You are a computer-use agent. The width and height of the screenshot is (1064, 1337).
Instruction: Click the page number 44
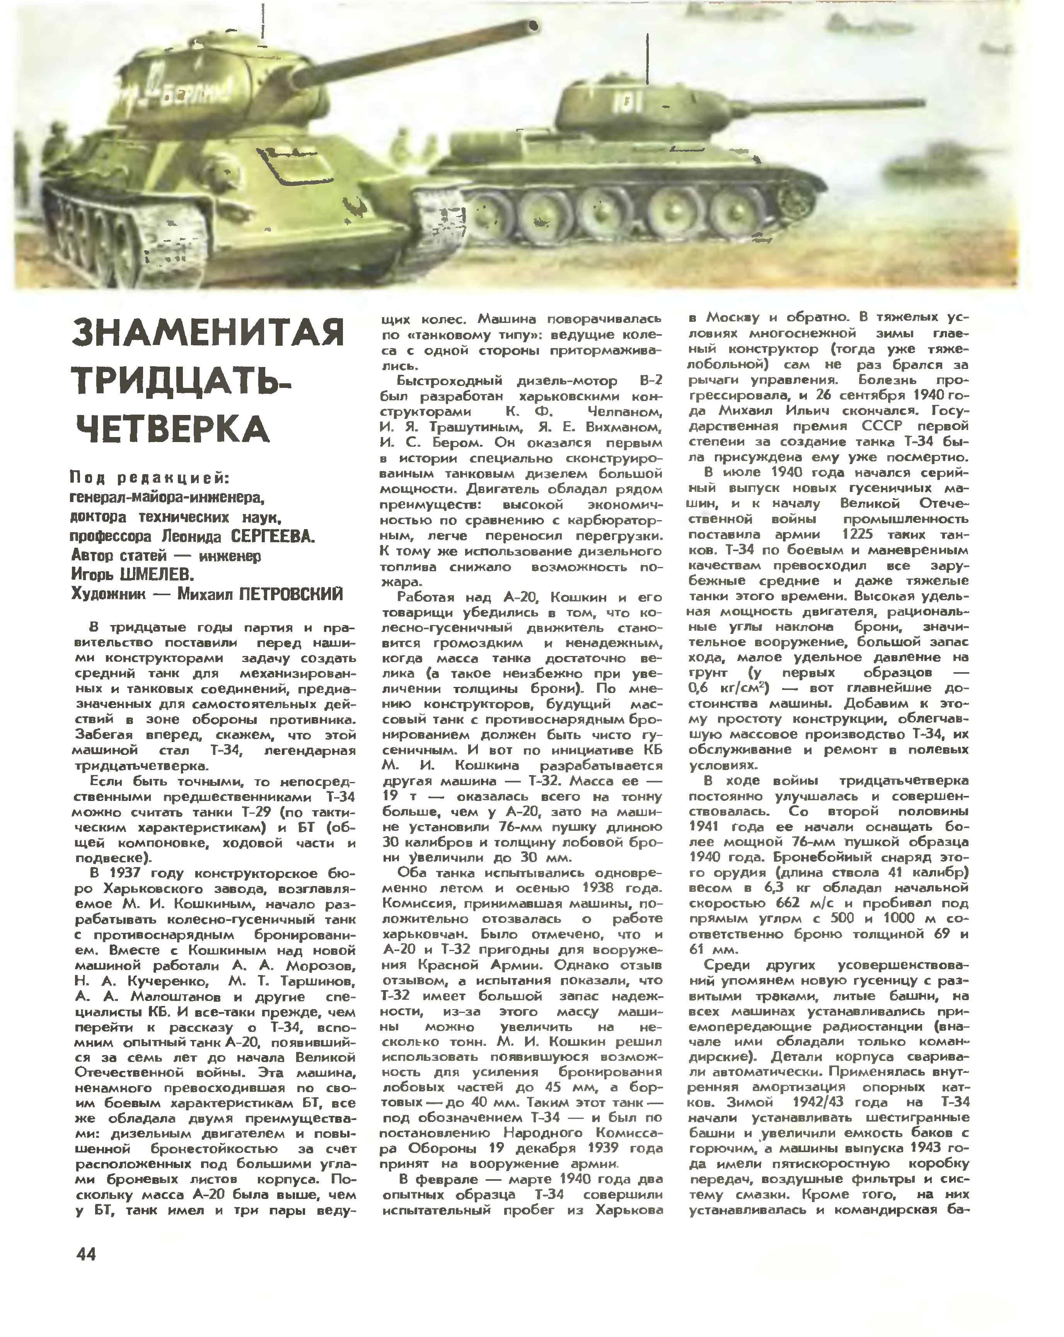click(86, 1253)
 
